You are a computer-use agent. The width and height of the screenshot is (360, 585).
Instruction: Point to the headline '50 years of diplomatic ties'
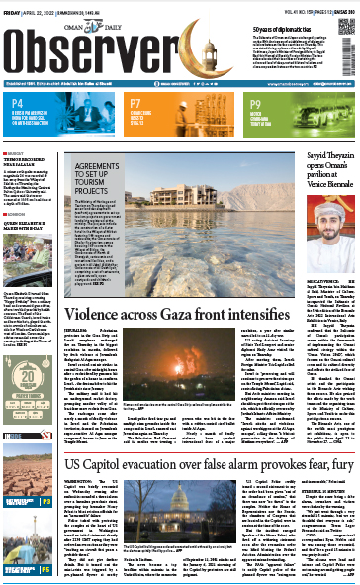[297, 8]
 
